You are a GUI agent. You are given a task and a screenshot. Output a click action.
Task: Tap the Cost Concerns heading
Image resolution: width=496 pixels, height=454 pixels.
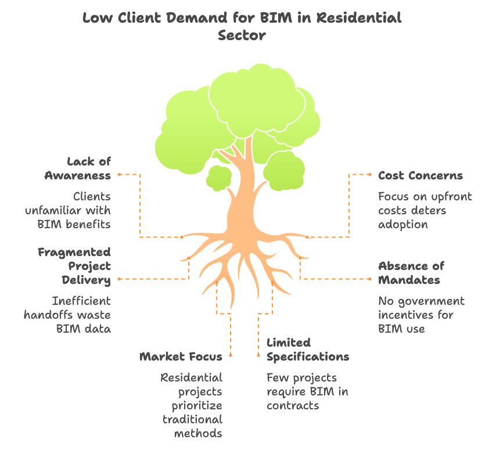point(420,175)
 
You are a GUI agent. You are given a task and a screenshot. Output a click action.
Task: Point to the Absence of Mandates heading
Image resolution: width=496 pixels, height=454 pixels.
point(411,272)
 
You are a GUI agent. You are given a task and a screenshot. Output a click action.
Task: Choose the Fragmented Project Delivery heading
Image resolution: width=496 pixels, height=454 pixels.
point(74,266)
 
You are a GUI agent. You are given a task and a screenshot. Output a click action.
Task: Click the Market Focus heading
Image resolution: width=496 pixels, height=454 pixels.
point(181,356)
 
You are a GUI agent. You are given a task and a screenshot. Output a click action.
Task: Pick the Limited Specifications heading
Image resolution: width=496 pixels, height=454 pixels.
point(308,349)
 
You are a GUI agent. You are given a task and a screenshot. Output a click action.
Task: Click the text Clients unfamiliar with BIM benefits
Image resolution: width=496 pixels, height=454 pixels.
point(68,210)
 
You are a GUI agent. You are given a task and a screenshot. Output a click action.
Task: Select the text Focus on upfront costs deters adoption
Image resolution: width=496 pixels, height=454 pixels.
point(425,210)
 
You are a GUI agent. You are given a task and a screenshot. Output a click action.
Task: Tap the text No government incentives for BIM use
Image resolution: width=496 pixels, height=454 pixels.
point(421,314)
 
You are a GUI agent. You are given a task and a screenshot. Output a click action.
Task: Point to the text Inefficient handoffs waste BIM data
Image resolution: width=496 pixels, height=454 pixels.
point(67,314)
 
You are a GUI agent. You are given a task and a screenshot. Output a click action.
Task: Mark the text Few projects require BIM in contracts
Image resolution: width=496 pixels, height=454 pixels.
point(307,391)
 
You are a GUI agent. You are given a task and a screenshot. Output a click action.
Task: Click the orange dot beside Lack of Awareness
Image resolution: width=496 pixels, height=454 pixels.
point(119,174)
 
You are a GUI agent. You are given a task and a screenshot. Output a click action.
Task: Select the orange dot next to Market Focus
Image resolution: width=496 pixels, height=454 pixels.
point(231,355)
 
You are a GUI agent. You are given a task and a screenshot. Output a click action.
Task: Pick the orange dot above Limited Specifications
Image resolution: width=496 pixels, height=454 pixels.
point(258,355)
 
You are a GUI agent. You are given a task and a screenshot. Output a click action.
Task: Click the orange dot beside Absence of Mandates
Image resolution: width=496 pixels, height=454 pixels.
point(370,279)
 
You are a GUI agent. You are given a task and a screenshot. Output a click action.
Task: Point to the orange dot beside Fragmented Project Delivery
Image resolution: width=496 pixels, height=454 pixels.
point(119,279)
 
